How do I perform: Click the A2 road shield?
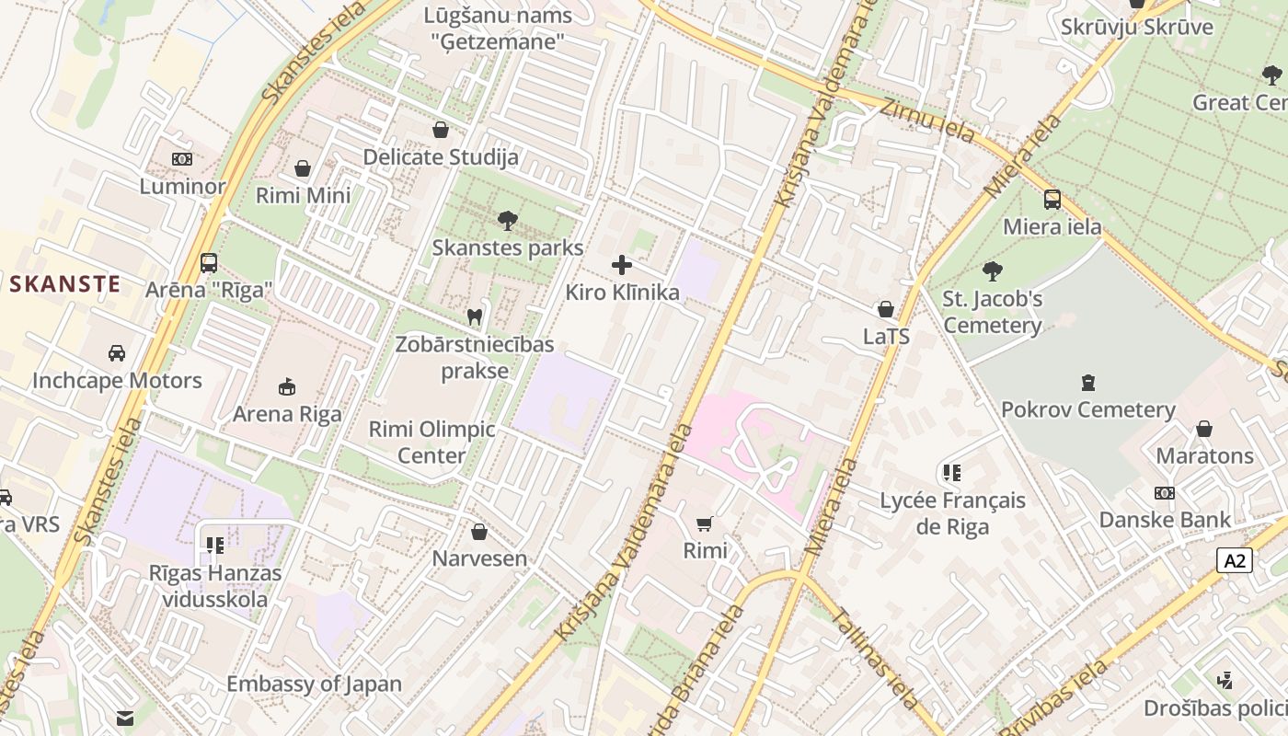(1234, 560)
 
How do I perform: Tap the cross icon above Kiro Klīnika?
(622, 265)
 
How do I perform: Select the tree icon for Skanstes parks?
(507, 220)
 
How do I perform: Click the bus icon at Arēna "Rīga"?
(209, 262)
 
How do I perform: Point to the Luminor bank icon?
(182, 159)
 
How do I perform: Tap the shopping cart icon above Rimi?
(705, 523)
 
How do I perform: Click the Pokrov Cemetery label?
(1087, 409)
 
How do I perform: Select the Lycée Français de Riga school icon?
(952, 473)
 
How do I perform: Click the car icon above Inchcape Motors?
(117, 353)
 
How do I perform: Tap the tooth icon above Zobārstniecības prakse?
(475, 316)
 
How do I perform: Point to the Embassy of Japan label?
(314, 684)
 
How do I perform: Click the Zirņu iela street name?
(926, 121)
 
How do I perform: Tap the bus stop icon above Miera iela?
(1052, 199)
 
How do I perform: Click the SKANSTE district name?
(65, 283)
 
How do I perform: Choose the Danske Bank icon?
(1165, 493)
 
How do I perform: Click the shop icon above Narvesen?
(479, 532)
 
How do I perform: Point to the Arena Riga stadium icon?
(287, 386)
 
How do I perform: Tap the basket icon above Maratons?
(1204, 429)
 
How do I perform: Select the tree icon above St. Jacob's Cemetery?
(992, 270)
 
